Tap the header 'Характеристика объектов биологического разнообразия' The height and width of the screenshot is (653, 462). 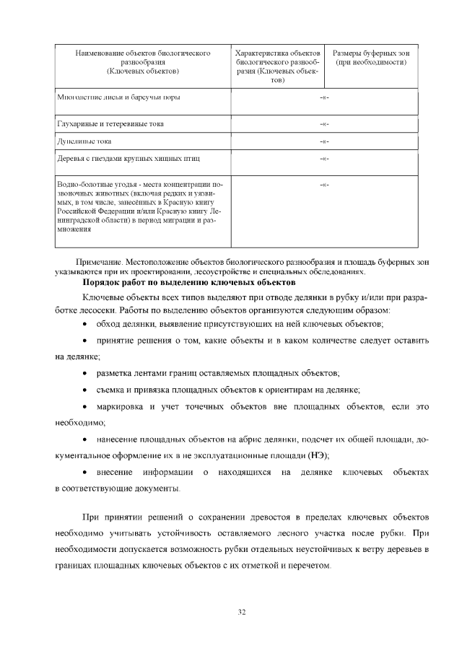click(x=278, y=66)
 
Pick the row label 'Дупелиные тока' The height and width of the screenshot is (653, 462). click(x=84, y=141)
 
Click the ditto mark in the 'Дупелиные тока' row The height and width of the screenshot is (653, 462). click(x=324, y=141)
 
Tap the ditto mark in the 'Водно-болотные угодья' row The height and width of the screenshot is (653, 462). click(x=324, y=185)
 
